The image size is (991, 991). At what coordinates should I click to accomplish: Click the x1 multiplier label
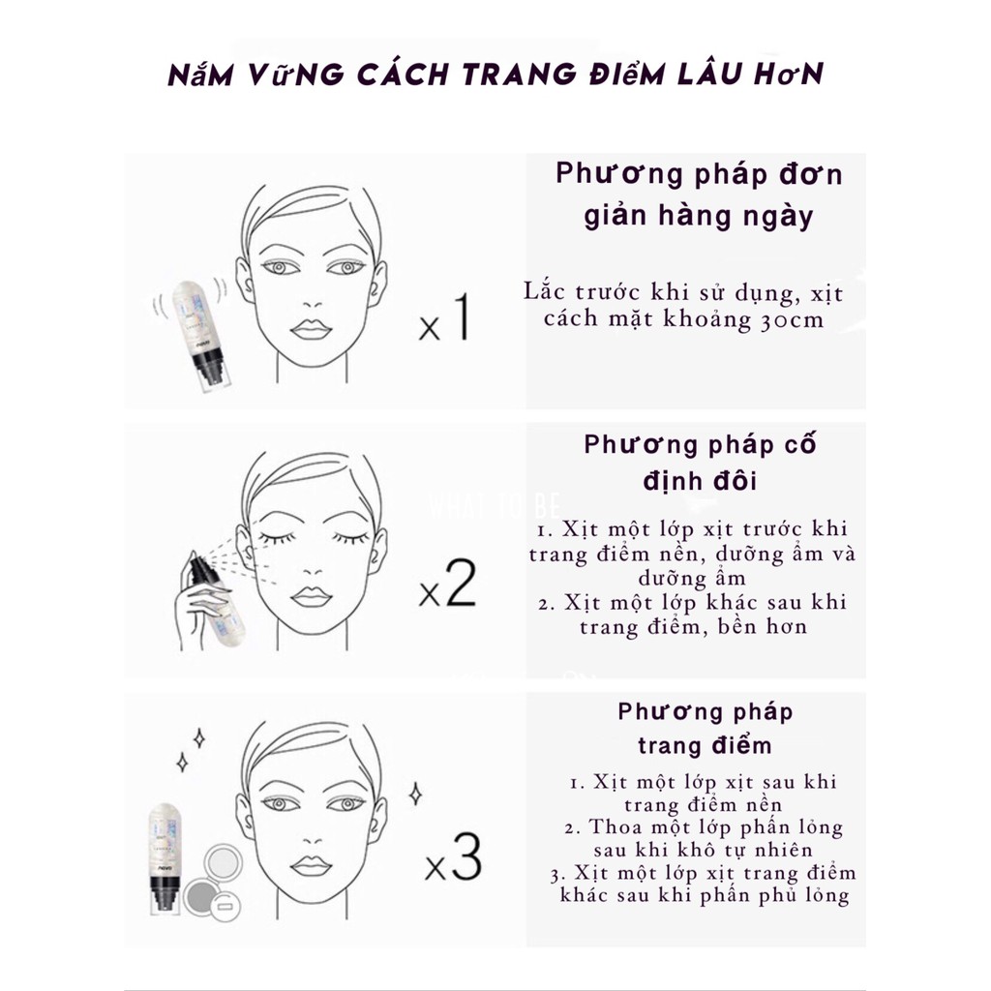point(444,320)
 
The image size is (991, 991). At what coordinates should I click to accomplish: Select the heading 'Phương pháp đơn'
point(699,175)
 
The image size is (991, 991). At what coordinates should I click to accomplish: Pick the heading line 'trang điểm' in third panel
point(705,745)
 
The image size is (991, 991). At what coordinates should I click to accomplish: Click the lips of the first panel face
point(311,329)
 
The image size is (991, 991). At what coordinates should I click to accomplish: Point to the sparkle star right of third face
point(415,795)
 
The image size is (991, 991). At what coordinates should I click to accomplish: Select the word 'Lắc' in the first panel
point(544,291)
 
